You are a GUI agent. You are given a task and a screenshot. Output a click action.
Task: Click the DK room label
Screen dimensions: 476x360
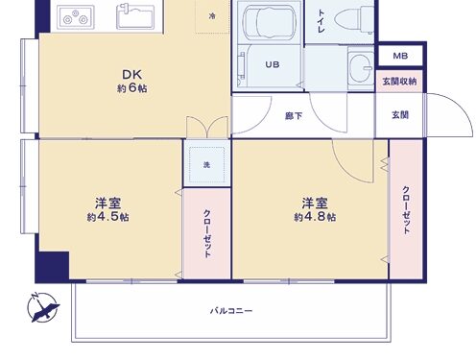click(x=131, y=75)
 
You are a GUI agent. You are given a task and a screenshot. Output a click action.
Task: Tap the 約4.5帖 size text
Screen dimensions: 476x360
click(x=108, y=217)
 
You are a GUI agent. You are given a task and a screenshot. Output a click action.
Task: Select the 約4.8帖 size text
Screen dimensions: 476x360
click(x=315, y=217)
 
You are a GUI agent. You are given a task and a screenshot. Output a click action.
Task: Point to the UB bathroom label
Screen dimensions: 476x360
click(x=273, y=64)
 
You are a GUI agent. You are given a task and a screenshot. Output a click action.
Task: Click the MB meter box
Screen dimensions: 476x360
click(x=400, y=56)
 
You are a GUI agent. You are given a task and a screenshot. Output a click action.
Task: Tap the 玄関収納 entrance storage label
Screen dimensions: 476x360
click(x=399, y=82)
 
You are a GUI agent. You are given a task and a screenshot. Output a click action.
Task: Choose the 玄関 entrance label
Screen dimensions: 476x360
click(x=400, y=115)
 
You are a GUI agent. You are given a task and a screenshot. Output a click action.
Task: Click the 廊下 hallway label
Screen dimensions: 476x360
click(x=294, y=115)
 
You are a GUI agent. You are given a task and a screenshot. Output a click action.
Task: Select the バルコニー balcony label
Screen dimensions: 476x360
click(x=231, y=311)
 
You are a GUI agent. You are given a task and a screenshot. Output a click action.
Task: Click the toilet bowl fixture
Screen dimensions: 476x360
click(x=353, y=20)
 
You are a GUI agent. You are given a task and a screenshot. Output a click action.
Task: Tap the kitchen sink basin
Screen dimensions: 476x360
click(x=135, y=16)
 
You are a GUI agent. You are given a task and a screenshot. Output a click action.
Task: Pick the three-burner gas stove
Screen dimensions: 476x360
click(x=76, y=17)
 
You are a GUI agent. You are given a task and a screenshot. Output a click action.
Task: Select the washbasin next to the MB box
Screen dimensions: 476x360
click(x=361, y=67)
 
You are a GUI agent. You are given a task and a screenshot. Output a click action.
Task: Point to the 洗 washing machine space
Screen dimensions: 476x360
click(x=206, y=165)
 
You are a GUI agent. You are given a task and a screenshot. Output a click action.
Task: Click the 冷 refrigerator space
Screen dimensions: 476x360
click(x=212, y=16)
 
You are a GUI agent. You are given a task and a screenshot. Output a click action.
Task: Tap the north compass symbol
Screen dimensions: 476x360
click(x=43, y=307)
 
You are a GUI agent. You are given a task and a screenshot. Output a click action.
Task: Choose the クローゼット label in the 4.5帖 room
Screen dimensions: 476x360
click(x=207, y=233)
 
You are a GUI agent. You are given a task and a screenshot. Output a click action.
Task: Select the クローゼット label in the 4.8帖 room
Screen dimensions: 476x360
click(x=406, y=210)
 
